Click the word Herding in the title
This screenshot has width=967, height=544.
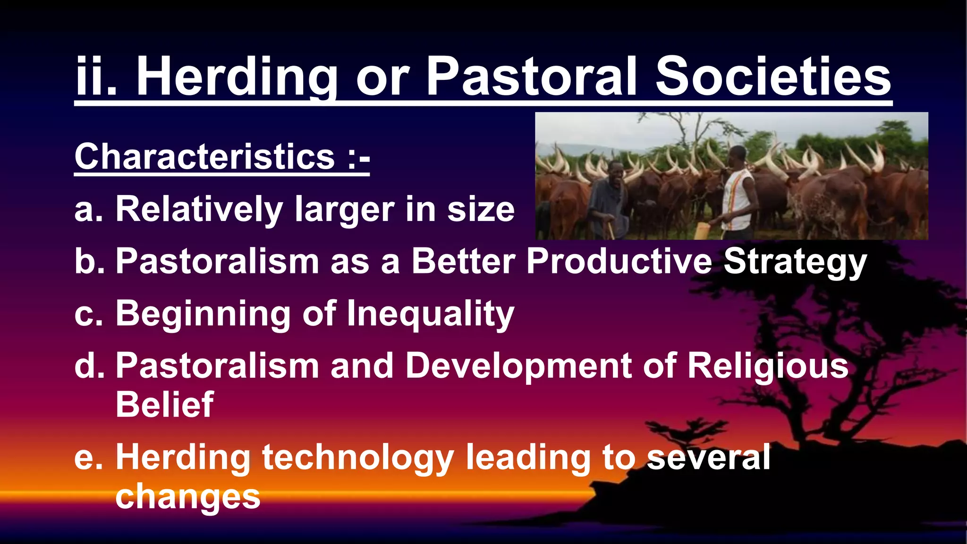236,77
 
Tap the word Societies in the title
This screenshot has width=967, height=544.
773,77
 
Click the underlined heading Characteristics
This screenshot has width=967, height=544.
204,157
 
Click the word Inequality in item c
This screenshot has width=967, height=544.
430,314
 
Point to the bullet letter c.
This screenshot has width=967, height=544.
88,314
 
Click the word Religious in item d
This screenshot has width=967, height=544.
767,365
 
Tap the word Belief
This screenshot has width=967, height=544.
164,405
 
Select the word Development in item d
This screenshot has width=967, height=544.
518,365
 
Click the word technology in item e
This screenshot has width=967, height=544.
357,457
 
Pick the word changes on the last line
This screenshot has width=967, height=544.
187,496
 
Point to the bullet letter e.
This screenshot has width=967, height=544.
88,457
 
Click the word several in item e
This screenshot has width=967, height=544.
708,457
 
